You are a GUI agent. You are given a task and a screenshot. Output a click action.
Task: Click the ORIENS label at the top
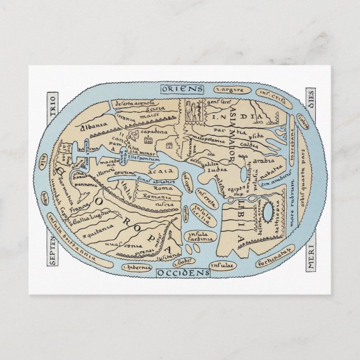tap(181, 89)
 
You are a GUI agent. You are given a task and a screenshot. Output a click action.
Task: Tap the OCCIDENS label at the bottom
tap(182, 272)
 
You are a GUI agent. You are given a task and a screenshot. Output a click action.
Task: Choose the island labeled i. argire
tap(226, 89)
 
